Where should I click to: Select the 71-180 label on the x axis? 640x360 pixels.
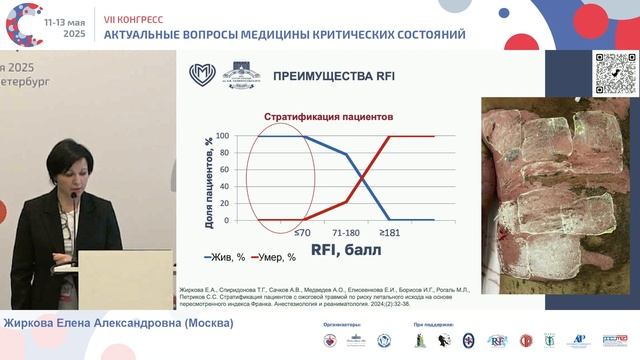tap(345, 233)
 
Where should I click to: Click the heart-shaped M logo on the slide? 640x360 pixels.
tap(203, 74)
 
